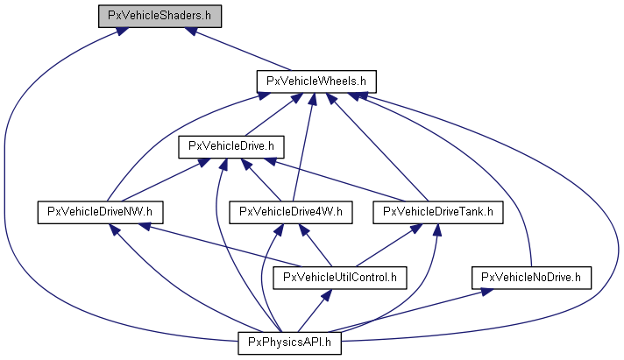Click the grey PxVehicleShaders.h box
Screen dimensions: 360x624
click(159, 16)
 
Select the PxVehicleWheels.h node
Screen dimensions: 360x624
click(316, 81)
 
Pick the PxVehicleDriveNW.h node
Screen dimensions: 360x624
click(101, 211)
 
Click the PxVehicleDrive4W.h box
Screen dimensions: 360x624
click(291, 211)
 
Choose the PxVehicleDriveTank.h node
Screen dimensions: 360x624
click(438, 211)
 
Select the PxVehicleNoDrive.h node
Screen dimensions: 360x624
click(532, 278)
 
